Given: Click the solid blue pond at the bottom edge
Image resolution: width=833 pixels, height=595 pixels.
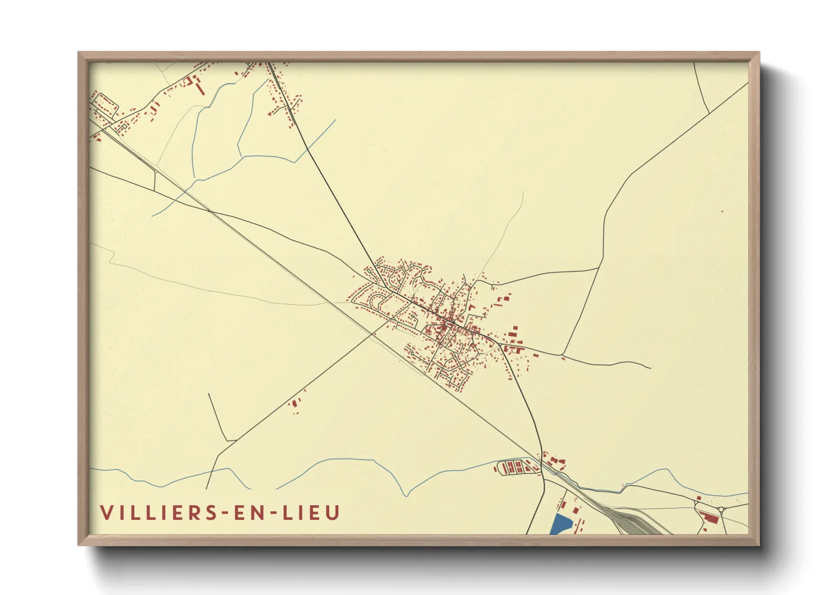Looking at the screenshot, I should [559, 525].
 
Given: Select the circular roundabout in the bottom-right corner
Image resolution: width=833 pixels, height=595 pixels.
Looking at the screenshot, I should [720, 510].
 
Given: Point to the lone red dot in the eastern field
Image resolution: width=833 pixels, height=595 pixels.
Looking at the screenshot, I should [722, 211].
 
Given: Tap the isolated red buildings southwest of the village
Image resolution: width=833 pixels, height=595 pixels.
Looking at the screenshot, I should [293, 403].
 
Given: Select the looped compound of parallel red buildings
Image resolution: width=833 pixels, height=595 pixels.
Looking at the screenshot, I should [512, 467].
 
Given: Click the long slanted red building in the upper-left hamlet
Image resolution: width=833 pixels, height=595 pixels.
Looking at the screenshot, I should [199, 88].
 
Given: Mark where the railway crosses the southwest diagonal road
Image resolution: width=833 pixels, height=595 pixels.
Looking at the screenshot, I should [373, 334].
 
